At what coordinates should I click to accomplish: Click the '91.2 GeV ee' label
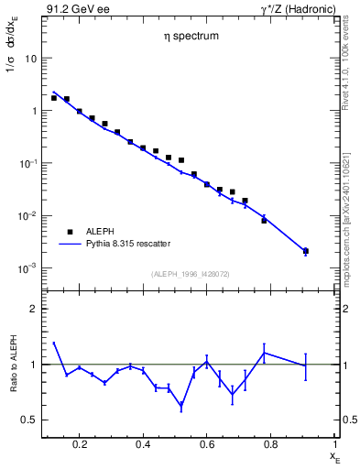pyautogui.click(x=71, y=8)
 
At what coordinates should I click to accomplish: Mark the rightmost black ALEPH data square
pyautogui.click(x=305, y=251)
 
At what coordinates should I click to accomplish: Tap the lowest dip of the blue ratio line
pyautogui.click(x=181, y=405)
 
